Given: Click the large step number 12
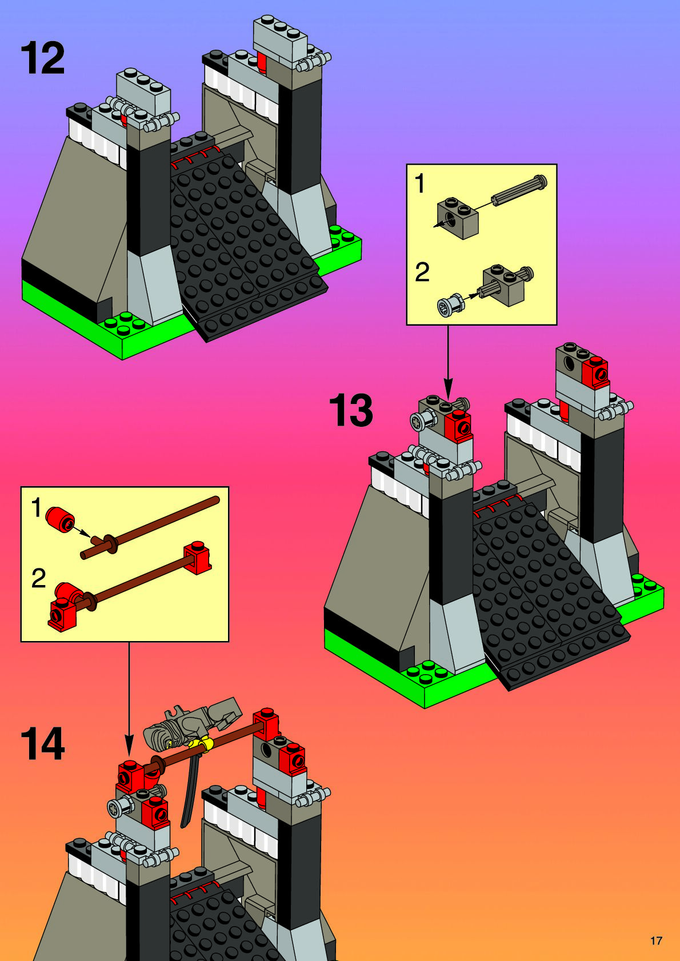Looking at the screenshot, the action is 42,58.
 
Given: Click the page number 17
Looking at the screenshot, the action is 657,941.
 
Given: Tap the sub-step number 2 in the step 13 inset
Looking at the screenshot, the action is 422,272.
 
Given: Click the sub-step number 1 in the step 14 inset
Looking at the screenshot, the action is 37,507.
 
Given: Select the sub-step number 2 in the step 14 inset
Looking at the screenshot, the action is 39,579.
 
